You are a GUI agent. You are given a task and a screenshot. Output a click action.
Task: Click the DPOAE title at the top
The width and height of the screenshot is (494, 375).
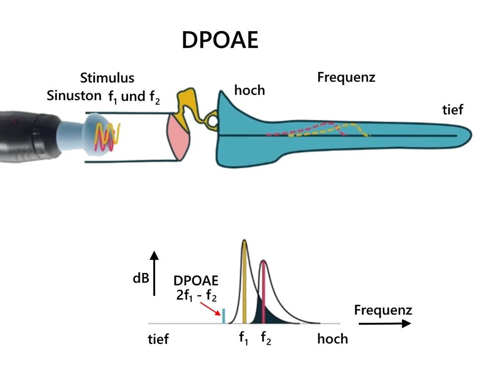click(220, 40)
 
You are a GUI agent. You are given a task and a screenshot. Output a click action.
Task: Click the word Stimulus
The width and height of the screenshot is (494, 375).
click(107, 78)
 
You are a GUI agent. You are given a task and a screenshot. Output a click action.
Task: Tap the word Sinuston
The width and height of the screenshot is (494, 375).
click(74, 96)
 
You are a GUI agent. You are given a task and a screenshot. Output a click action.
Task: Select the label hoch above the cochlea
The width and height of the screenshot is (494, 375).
click(249, 90)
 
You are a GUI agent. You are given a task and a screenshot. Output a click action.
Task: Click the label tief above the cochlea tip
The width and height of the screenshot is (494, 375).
click(452, 109)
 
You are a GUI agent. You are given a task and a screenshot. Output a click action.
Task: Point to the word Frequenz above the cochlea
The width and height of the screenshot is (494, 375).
click(346, 77)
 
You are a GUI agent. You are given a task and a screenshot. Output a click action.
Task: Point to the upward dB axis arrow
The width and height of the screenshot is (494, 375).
click(155, 271)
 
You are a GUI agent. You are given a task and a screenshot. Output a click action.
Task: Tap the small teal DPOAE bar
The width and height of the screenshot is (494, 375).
click(224, 316)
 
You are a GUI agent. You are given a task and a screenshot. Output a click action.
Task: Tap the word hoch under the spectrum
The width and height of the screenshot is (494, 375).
click(332, 339)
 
